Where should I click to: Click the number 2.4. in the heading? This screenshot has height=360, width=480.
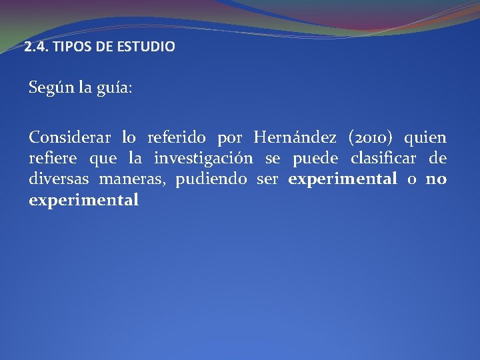point(35,47)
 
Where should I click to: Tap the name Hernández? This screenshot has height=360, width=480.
point(295,138)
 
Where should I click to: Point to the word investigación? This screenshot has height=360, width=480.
point(203,159)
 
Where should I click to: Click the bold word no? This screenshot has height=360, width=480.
point(436,179)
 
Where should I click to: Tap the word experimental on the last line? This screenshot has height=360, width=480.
point(84,200)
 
